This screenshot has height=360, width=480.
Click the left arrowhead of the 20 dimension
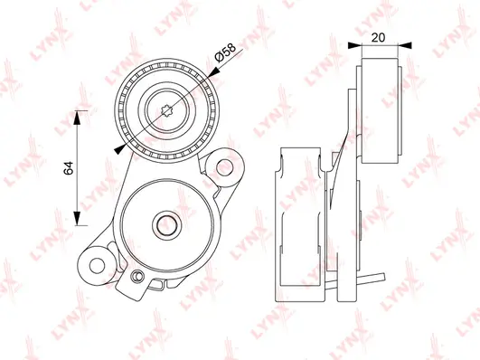pyautogui.click(x=362, y=43)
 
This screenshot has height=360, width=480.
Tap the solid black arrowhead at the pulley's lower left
pyautogui.click(x=121, y=148)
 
